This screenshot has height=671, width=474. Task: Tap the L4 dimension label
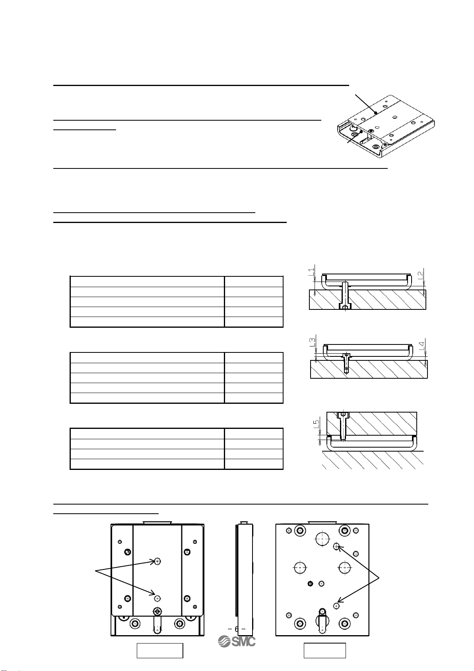point(422,345)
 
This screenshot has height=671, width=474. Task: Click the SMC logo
point(237,641)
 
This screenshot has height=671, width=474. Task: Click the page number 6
point(237,629)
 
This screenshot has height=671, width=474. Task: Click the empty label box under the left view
point(160,650)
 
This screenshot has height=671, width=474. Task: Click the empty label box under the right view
point(324,650)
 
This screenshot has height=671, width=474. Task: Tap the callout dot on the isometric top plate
point(375,113)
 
